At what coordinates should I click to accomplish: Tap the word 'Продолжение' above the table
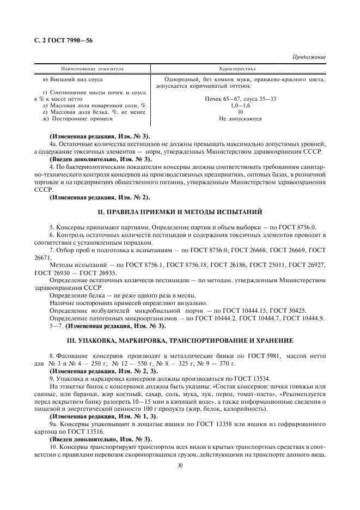pos(309,57)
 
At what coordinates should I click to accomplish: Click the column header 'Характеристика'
pos(240,69)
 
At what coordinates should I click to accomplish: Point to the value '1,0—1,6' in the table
pos(240,105)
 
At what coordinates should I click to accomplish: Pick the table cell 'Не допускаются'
pos(240,118)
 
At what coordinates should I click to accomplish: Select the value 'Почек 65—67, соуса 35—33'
pos(240,99)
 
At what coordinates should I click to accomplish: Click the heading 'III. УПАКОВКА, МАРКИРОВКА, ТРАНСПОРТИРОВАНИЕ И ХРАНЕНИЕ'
pos(179,340)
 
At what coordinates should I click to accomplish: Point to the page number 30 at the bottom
pos(179,465)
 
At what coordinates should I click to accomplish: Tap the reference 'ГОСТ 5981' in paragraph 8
pos(249,354)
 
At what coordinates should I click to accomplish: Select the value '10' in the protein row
pos(240,111)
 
